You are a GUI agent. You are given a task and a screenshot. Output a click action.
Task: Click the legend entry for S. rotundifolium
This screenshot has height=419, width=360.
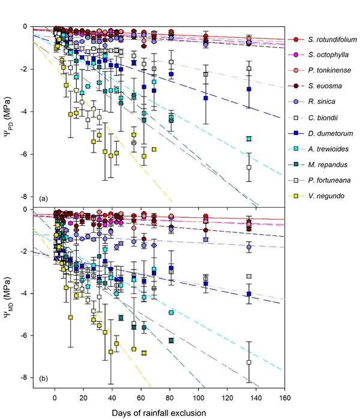(x=329, y=40)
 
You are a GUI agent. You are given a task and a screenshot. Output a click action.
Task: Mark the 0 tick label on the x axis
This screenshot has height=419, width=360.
(x=55, y=397)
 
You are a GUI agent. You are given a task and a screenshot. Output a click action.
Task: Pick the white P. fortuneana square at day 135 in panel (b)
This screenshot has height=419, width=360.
(x=249, y=362)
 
